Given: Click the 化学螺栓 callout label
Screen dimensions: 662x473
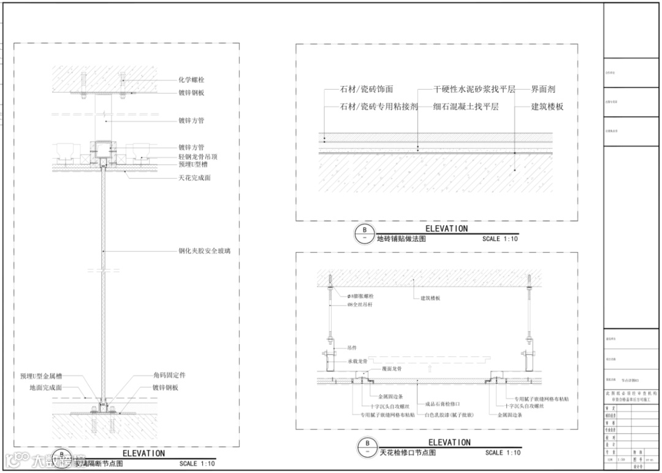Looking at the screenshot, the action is [191, 80].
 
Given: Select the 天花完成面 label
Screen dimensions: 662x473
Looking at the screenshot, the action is [194, 178].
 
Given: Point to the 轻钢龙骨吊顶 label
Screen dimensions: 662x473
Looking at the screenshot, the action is [198, 157].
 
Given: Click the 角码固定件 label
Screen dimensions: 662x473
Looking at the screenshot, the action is [169, 375].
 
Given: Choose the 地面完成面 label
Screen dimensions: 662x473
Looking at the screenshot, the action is [45, 388].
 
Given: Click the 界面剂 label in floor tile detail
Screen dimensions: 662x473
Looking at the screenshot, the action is [543, 90].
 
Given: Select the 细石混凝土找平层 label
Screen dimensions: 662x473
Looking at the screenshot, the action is [466, 106].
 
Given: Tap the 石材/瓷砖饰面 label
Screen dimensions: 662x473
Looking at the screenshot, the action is [367, 90].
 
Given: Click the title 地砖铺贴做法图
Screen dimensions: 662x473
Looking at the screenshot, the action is [401, 239].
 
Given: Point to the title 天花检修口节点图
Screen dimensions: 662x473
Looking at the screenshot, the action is [407, 453].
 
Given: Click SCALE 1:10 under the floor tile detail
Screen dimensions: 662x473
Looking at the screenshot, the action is [500, 239].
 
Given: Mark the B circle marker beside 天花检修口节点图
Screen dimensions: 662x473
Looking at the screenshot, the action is [367, 447].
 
